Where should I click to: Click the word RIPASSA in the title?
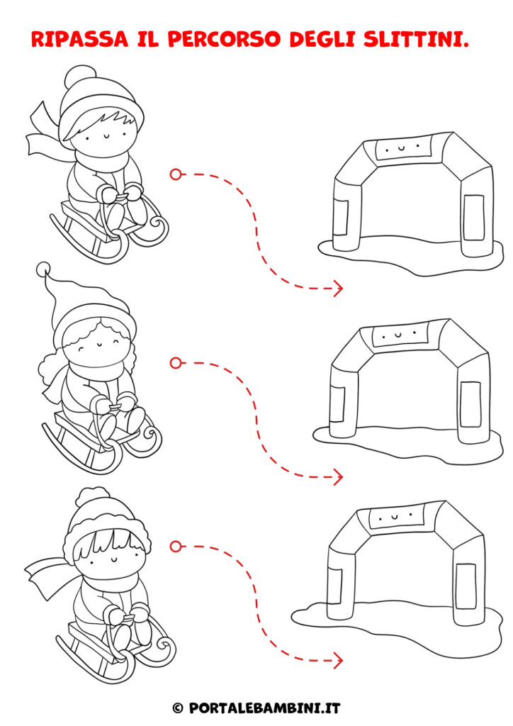click(x=79, y=39)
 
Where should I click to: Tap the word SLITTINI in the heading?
click(x=416, y=39)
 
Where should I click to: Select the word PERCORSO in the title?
click(x=224, y=39)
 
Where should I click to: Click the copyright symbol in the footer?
click(x=178, y=708)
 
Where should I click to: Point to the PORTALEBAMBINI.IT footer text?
click(x=264, y=708)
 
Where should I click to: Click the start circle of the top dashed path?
click(x=175, y=174)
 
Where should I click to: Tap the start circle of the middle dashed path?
click(x=175, y=363)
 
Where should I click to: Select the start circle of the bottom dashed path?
click(x=175, y=547)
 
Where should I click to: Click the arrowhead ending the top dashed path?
click(x=338, y=288)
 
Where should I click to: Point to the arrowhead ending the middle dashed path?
click(x=338, y=477)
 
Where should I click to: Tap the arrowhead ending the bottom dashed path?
click(x=338, y=660)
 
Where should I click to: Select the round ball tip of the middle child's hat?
click(x=43, y=269)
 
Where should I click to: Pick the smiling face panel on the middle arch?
click(x=400, y=333)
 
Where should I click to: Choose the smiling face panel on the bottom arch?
click(x=395, y=516)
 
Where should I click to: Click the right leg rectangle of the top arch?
click(x=474, y=218)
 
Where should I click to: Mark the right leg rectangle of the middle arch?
click(x=470, y=404)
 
